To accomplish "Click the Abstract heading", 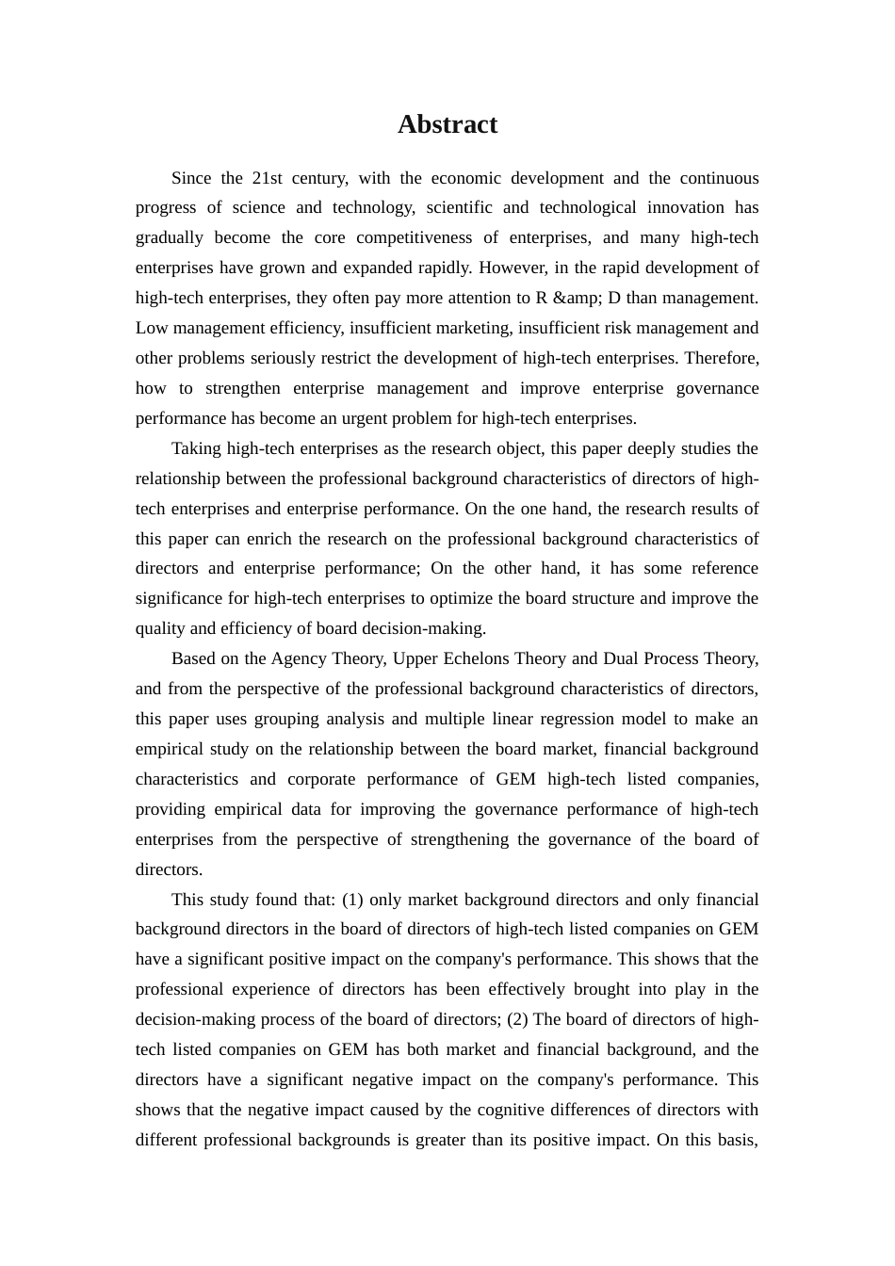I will pyautogui.click(x=447, y=124).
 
